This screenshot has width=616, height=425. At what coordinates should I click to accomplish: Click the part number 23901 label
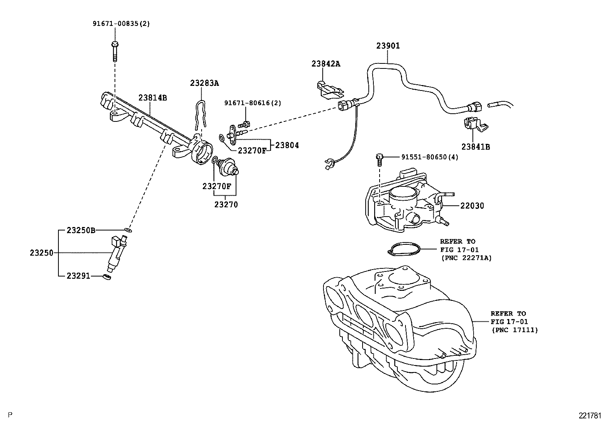tap(388, 46)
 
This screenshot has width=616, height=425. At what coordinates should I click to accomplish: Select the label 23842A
tap(326, 64)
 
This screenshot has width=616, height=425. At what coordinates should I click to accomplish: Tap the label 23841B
tap(476, 147)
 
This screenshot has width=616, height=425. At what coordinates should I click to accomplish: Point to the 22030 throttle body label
tap(472, 206)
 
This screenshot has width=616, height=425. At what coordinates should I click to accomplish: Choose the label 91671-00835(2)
tap(121, 23)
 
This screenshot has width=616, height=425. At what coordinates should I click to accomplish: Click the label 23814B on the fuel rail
tap(152, 98)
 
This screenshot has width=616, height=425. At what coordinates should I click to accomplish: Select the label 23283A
tap(204, 83)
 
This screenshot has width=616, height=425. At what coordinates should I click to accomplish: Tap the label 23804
tap(287, 145)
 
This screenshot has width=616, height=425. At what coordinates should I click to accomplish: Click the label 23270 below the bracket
tap(226, 205)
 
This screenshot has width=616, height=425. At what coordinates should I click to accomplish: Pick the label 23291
tap(78, 276)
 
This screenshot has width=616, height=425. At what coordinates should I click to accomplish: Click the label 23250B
tap(80, 230)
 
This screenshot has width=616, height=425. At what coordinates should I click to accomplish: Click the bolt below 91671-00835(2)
tap(115, 51)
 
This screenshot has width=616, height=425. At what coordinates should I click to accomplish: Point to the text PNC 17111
tap(515, 330)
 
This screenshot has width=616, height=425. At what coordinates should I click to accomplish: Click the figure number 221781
tap(590, 416)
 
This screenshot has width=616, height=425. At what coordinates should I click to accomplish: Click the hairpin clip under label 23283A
tap(200, 114)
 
